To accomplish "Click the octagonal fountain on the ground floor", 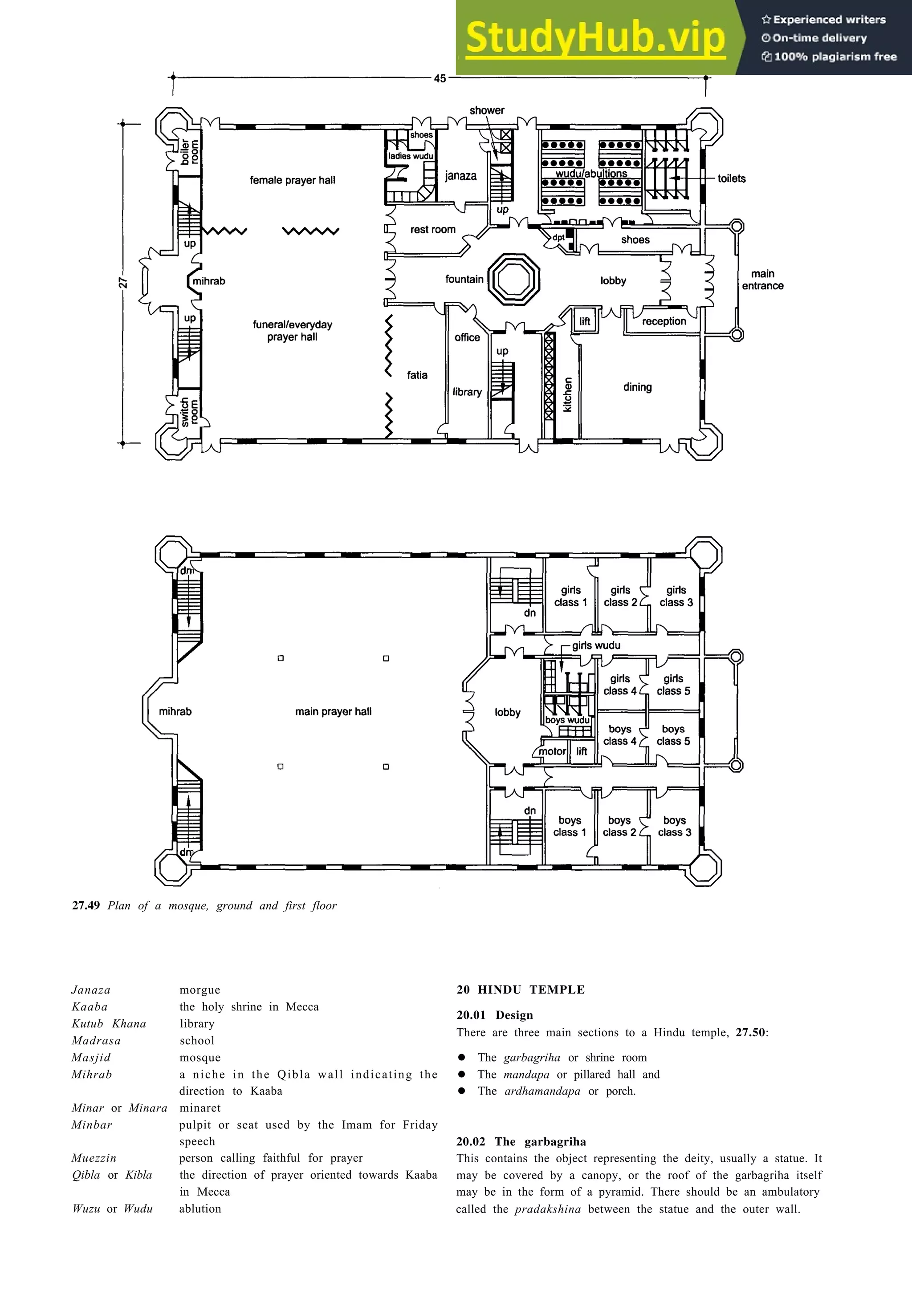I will (x=513, y=279).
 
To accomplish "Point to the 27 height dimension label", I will (x=123, y=283).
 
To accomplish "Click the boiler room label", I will (x=189, y=152).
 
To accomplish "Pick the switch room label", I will (x=189, y=412).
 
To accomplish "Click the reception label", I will (x=664, y=321).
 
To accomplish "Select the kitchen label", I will (x=567, y=394).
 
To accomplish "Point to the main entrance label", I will (x=762, y=280).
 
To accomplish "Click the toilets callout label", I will (x=731, y=178).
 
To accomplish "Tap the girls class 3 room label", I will (x=676, y=596).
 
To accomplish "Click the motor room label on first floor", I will (x=552, y=751).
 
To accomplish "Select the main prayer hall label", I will (x=333, y=712).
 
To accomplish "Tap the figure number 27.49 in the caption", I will (x=86, y=906).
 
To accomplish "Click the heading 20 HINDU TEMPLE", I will (x=520, y=990).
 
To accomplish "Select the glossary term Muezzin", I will (x=94, y=1158).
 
